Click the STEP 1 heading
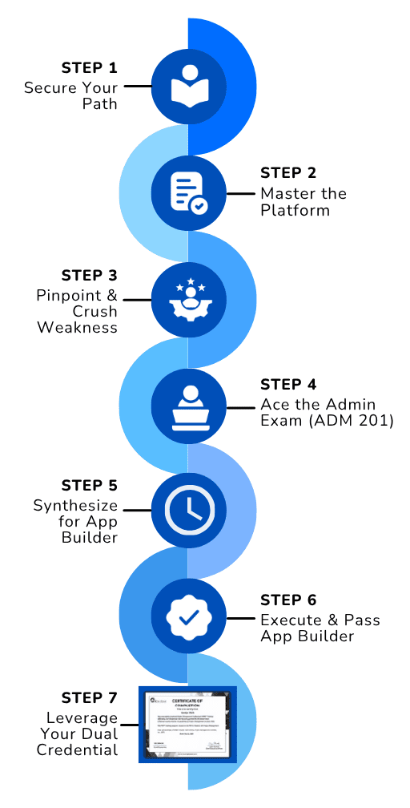pos(90,67)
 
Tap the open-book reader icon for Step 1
pos(188,86)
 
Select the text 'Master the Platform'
pos(303,202)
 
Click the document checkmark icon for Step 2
pos(188,192)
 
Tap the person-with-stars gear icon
pos(188,299)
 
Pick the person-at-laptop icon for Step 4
pos(188,406)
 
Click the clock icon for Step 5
pos(188,511)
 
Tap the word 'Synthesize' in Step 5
pos(75,506)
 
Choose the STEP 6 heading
pos(289,600)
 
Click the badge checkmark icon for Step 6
pos(188,618)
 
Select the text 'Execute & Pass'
pos(320,620)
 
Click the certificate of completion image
pos(188,724)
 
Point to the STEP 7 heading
pos(90,697)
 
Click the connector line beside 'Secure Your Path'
pos(137,86)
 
